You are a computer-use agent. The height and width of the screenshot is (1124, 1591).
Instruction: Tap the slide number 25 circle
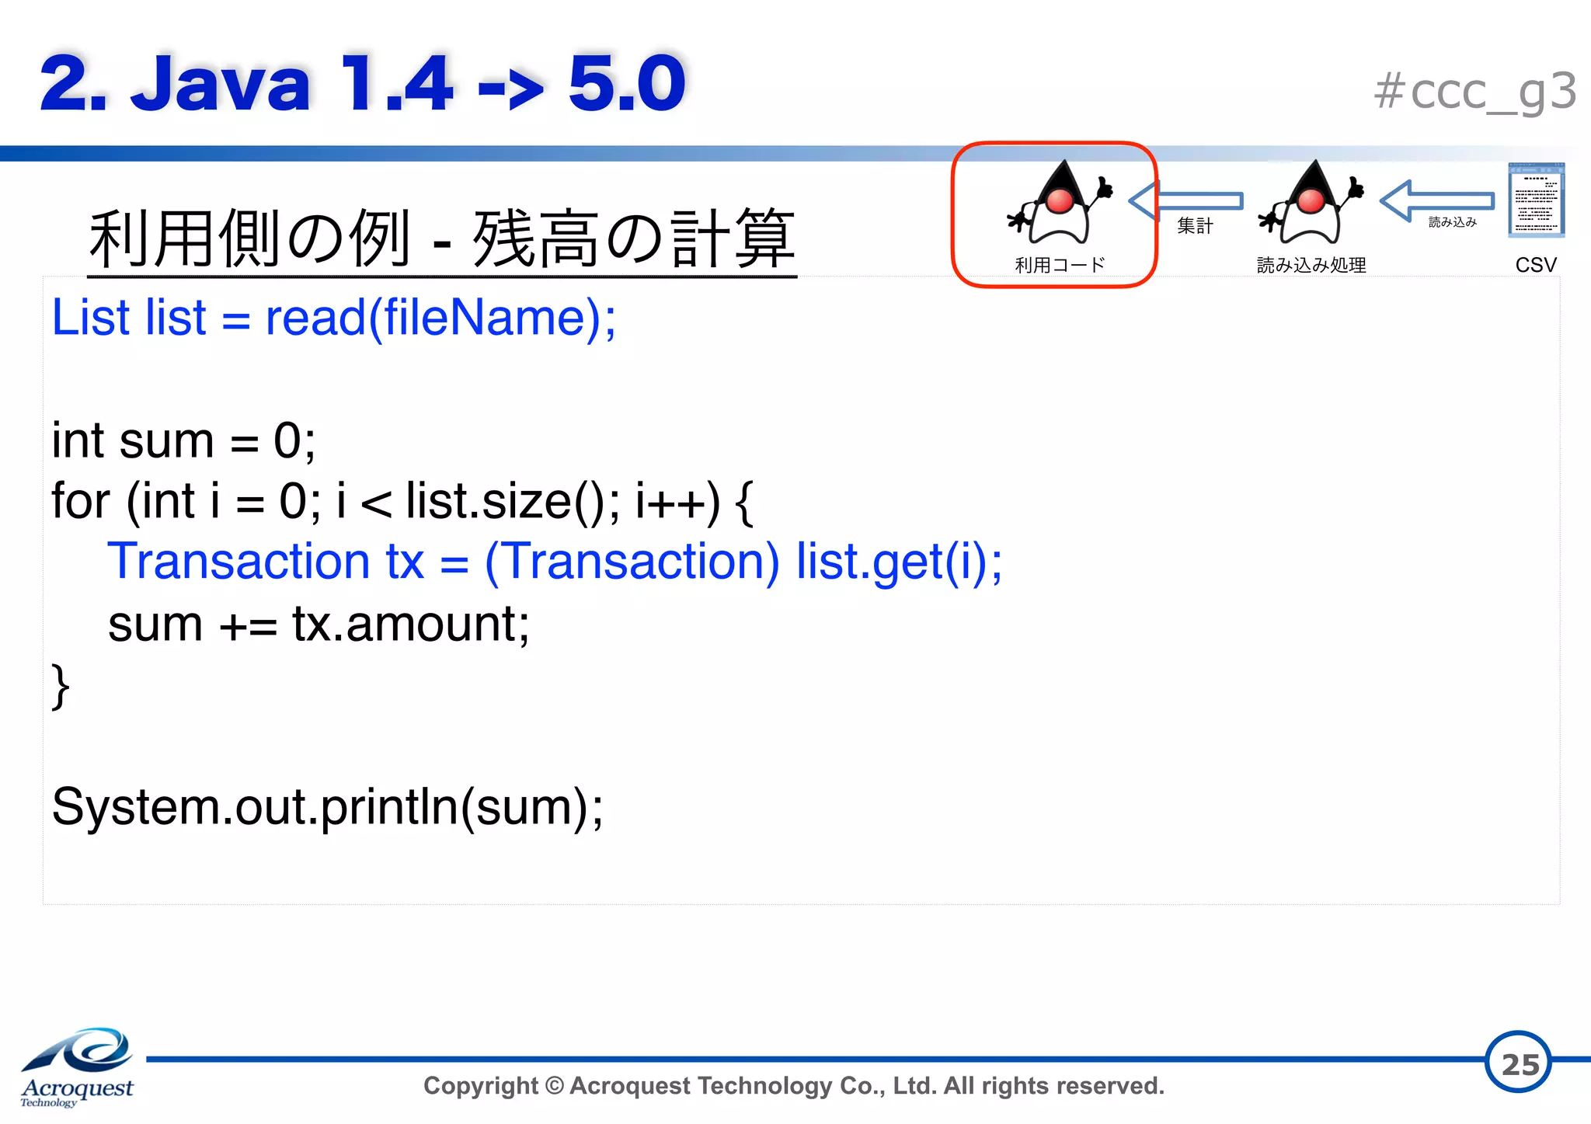[x=1518, y=1062]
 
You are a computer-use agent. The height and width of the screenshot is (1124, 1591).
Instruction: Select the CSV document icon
[x=1536, y=200]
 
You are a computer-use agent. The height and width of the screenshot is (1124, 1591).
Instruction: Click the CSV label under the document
[x=1535, y=265]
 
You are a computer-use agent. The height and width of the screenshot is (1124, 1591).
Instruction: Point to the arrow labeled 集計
[x=1186, y=201]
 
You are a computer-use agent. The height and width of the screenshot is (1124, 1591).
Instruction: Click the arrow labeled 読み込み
[x=1437, y=201]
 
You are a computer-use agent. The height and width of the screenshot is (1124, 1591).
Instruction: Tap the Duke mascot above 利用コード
[x=1059, y=204]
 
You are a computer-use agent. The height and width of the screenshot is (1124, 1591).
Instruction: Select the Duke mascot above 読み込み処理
[x=1311, y=204]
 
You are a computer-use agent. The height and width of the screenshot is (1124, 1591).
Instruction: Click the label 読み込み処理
[x=1311, y=266]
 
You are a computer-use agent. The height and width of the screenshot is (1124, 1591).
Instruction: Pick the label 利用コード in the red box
[x=1060, y=266]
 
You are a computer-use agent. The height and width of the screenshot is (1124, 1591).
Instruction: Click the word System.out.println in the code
[x=256, y=807]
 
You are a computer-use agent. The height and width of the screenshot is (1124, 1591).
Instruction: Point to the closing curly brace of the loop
[x=60, y=687]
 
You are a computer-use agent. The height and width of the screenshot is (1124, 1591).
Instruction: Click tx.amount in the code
[x=410, y=624]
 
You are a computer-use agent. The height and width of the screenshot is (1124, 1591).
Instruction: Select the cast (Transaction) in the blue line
[x=632, y=562]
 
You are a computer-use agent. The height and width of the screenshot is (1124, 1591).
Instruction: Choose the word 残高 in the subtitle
[x=536, y=239]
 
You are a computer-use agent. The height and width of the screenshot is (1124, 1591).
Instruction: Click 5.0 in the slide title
[x=626, y=83]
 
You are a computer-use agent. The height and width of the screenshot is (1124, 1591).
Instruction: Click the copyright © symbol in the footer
[x=555, y=1085]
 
